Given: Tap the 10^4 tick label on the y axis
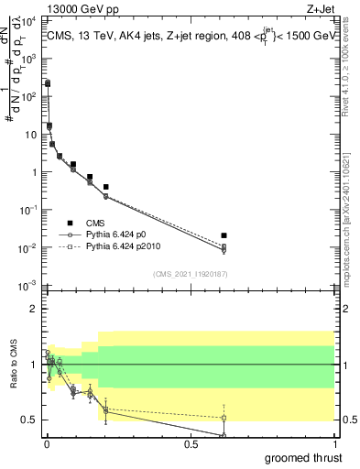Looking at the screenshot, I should tap(29, 20).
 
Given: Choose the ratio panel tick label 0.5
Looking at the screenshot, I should tap(31, 420).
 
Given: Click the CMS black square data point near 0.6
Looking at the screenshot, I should tap(224, 235).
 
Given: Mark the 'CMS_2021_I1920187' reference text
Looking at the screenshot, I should tap(190, 274).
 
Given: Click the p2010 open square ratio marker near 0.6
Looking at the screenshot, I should tap(224, 418).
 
